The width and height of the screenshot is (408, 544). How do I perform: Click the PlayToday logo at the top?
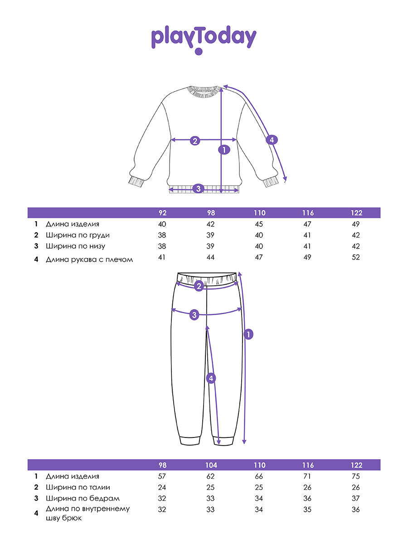pyautogui.click(x=204, y=39)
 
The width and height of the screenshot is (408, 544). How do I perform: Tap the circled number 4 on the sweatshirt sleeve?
pyautogui.click(x=271, y=140)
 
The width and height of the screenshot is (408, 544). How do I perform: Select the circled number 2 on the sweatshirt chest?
pyautogui.click(x=195, y=141)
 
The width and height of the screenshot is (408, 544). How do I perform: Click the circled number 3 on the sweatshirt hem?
pyautogui.click(x=198, y=189)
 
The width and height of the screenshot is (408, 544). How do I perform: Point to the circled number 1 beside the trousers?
pyautogui.click(x=248, y=335)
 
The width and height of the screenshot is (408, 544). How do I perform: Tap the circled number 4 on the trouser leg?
pyautogui.click(x=210, y=378)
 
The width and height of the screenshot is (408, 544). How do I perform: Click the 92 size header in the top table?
pyautogui.click(x=162, y=213)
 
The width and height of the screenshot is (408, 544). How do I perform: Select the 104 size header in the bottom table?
pyautogui.click(x=211, y=466)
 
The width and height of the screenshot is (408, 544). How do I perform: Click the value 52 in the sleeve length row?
pyautogui.click(x=356, y=257)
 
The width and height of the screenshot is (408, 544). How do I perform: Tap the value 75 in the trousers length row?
pyautogui.click(x=356, y=476)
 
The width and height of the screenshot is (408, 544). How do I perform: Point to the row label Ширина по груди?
pyautogui.click(x=78, y=235)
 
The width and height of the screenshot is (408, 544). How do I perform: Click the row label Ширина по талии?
pyautogui.click(x=78, y=488)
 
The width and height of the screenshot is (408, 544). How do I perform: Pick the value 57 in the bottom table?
pyautogui.click(x=162, y=476)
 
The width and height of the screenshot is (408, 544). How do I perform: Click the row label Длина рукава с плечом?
pyautogui.click(x=89, y=260)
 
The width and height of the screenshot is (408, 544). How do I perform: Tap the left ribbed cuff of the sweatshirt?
pyautogui.click(x=136, y=181)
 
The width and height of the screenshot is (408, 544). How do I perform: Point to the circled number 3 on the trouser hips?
pyautogui.click(x=194, y=315)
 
